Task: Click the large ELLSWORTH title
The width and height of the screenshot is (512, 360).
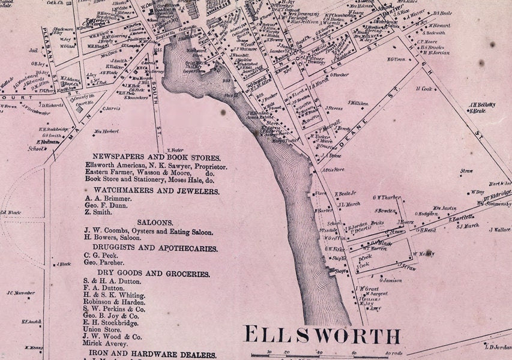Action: (x=322, y=335)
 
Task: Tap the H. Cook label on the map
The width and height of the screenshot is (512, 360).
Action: (x=424, y=88)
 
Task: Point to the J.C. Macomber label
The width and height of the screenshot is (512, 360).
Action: (x=20, y=293)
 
